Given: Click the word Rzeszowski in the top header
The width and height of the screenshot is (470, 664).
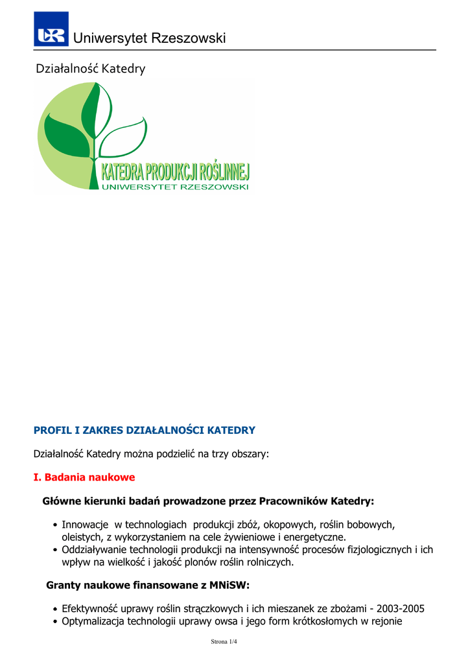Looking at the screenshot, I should point(188,38).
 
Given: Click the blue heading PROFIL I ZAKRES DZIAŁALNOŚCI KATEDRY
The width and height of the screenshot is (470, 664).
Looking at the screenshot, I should point(144,430).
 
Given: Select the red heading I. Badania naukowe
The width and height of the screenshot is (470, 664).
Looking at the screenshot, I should point(84,477).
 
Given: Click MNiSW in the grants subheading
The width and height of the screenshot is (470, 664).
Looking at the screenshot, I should point(229,586).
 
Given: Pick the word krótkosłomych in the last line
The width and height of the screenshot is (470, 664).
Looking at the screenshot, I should point(338,622).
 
